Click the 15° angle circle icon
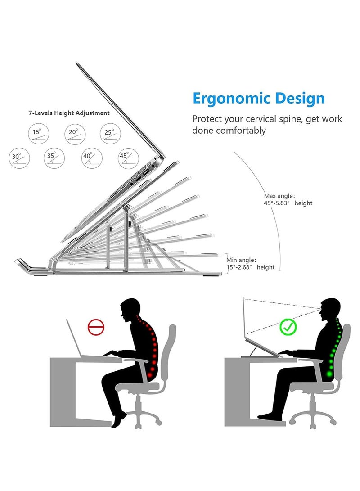coord(39,134)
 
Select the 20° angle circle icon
coord(75,134)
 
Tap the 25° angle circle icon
coord(111,134)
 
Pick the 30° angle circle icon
coord(19,158)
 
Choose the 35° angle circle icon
coord(54,158)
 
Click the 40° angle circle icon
coord(92,158)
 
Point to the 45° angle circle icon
coord(128,158)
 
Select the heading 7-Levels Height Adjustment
coord(69,113)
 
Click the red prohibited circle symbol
coord(96,327)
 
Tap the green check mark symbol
coord(288,327)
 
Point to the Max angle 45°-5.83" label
coord(288,199)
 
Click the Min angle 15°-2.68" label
coord(251,263)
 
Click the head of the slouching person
coord(130,310)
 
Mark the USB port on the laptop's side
coord(146,172)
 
